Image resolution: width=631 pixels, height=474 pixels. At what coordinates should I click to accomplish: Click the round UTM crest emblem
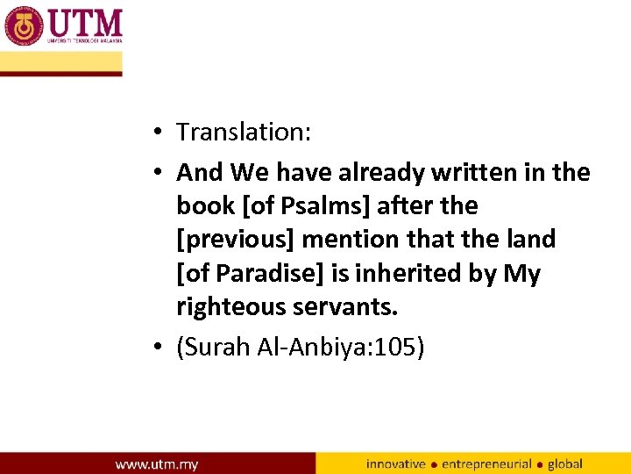tap(24, 26)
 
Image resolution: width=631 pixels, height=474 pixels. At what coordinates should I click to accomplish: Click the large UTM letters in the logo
tap(84, 22)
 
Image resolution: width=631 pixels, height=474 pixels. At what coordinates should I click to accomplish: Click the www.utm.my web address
tap(157, 463)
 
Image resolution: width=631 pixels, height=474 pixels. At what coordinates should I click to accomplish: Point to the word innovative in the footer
tap(396, 463)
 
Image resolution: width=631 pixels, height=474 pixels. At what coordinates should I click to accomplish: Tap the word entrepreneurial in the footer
tap(486, 463)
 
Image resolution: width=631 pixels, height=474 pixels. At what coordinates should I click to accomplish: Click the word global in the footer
tap(565, 463)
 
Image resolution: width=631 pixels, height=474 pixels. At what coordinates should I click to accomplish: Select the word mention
tap(357, 240)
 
